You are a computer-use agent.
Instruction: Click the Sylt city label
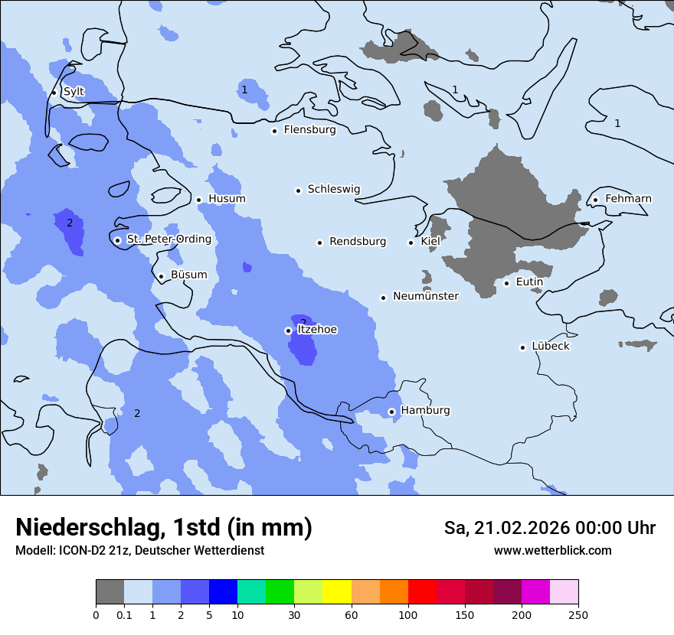tap(74, 92)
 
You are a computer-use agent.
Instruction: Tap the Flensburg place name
tap(309, 130)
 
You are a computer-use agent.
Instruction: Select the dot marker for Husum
tap(198, 200)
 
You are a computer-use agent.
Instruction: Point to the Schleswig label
tap(333, 189)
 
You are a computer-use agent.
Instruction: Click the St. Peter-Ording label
tap(168, 239)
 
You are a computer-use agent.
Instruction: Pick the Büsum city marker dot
tap(161, 276)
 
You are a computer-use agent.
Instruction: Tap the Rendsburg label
tap(358, 242)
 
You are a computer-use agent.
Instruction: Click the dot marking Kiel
tap(411, 243)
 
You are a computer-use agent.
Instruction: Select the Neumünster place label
tap(425, 296)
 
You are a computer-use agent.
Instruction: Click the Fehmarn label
tap(628, 199)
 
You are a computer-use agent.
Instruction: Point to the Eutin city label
tap(529, 282)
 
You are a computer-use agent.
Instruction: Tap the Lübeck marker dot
tap(522, 347)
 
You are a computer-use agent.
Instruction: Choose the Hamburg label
tap(425, 411)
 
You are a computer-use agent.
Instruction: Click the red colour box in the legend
tap(422, 592)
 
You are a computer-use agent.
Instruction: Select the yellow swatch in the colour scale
tap(337, 592)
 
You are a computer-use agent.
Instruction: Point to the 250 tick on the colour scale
tap(577, 614)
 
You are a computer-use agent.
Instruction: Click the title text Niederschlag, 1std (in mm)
tap(164, 527)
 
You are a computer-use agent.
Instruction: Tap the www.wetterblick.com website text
tap(552, 551)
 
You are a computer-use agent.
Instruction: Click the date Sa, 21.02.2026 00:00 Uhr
tap(549, 528)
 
